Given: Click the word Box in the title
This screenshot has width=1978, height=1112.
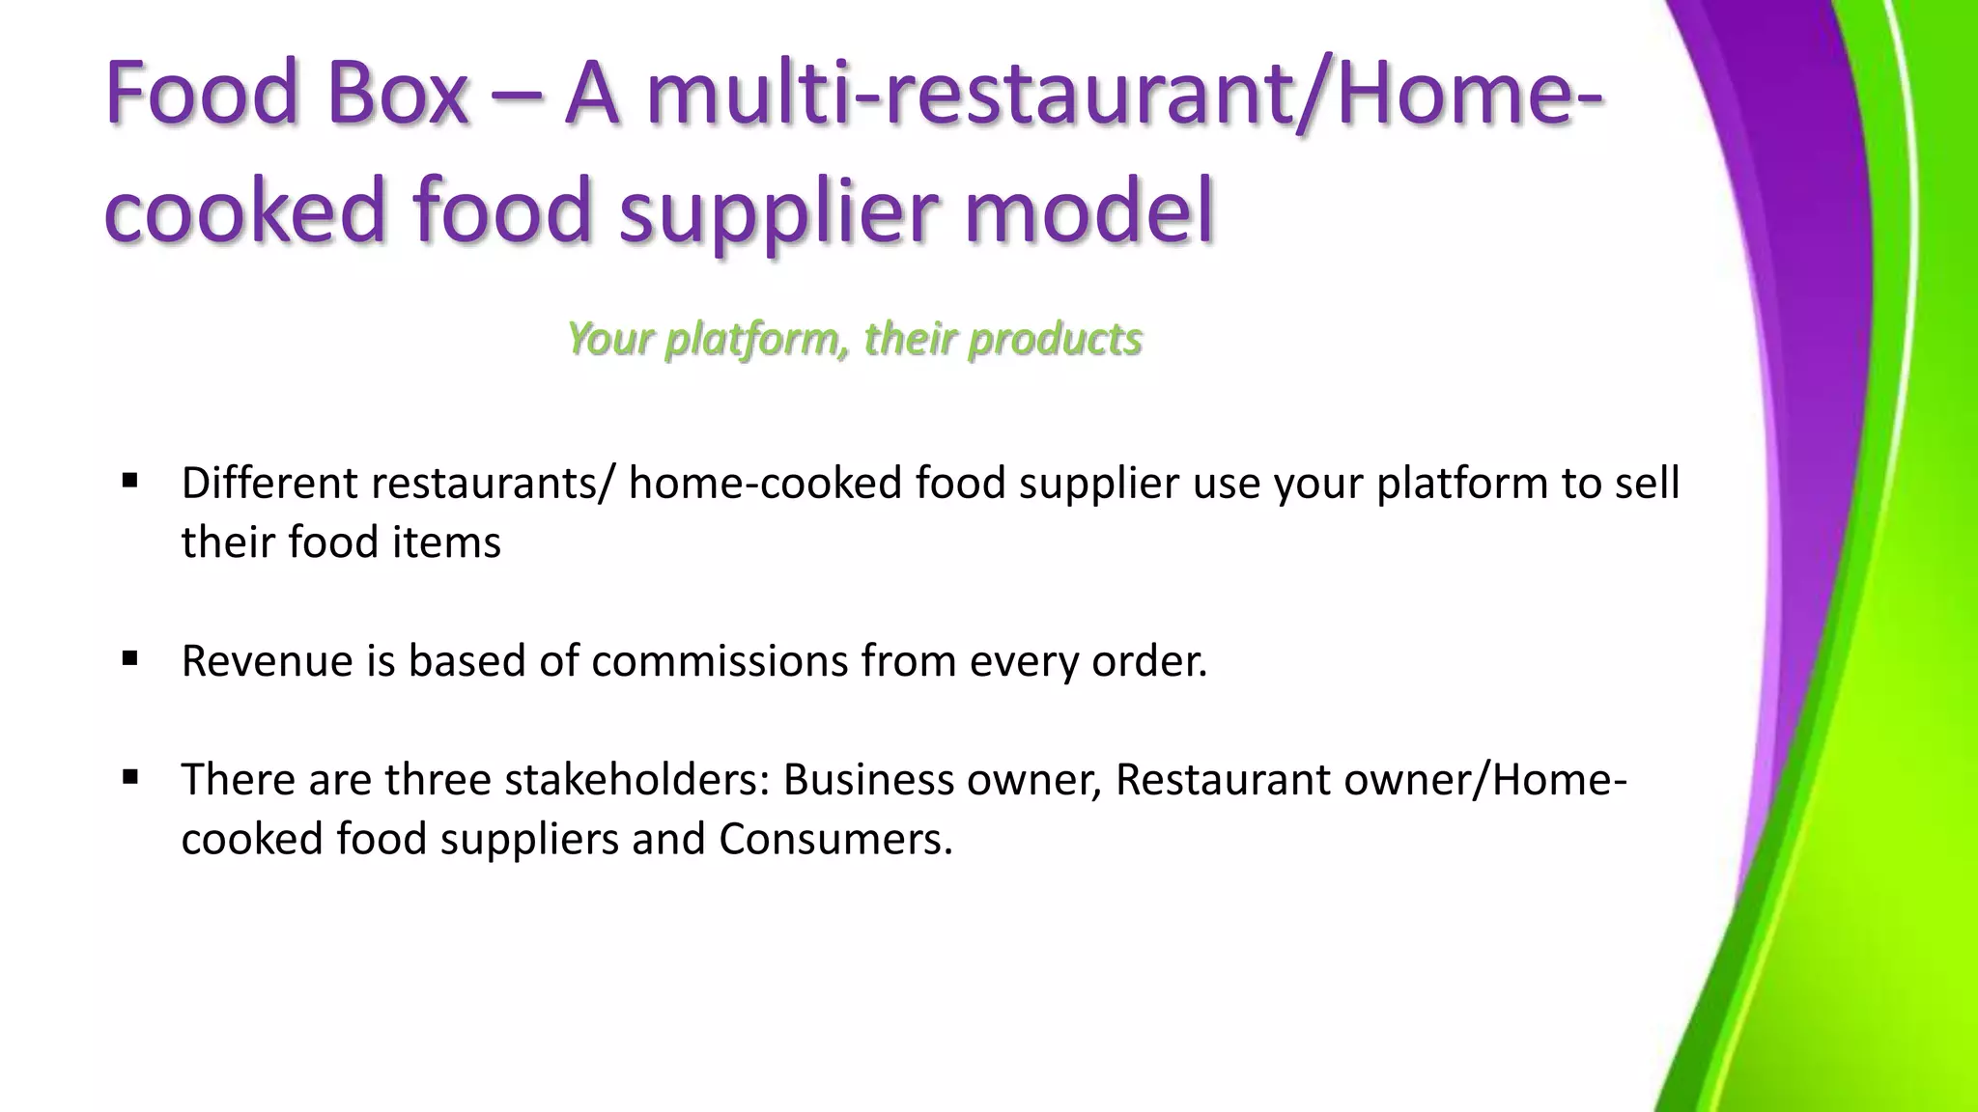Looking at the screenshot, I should [x=397, y=94].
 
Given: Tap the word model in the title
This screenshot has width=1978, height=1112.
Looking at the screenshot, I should [x=1088, y=209].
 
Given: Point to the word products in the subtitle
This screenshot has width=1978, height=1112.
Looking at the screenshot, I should [x=1056, y=340].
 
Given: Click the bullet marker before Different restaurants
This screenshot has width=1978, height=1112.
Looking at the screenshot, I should [x=130, y=480].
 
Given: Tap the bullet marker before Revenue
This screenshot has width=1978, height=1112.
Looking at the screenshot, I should [x=130, y=658].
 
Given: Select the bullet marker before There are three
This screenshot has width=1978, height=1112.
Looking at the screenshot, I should [x=130, y=776].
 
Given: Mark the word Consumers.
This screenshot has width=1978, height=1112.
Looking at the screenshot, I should [x=835, y=838].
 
